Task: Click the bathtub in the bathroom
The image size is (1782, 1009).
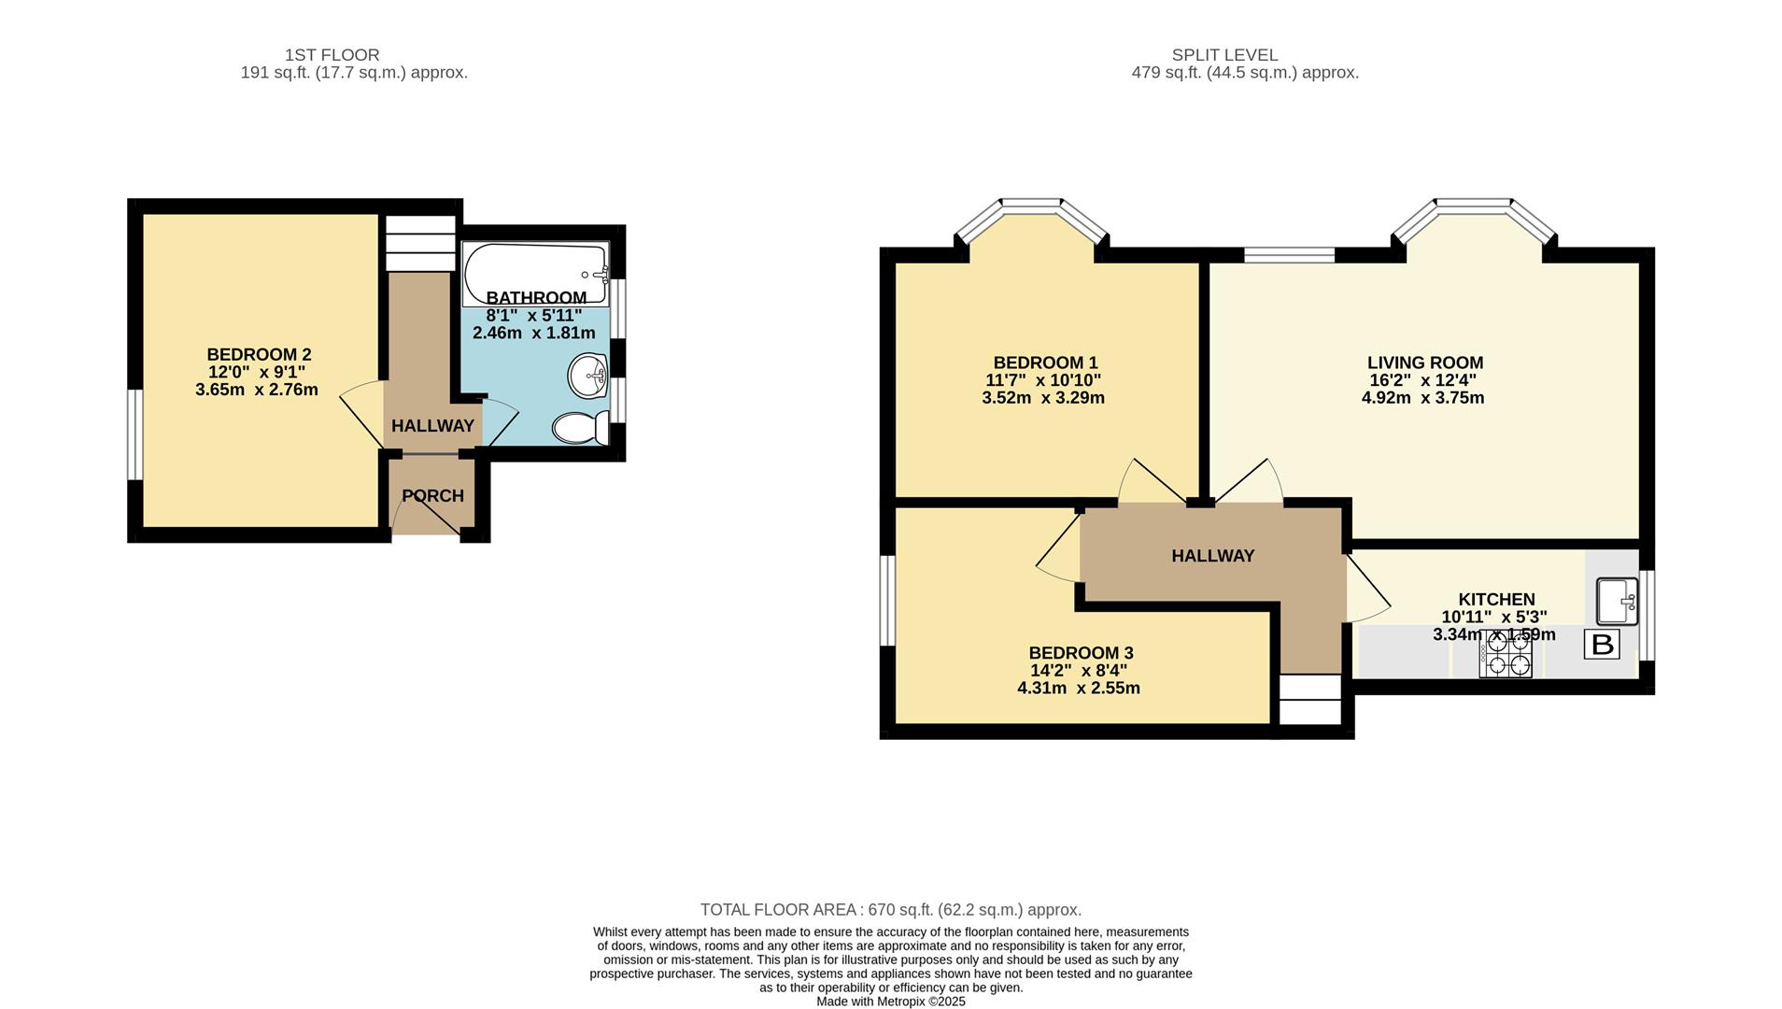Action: (x=535, y=273)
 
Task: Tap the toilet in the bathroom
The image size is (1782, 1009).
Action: (x=580, y=429)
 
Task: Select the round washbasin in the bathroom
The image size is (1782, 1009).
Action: (x=587, y=376)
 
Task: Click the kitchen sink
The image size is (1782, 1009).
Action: (x=1617, y=601)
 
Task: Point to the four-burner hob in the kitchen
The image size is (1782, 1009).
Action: (x=1505, y=653)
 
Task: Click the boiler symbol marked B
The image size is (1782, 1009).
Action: (x=1602, y=645)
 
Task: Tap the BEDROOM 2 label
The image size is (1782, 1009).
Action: (x=259, y=355)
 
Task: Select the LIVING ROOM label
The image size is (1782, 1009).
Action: (x=1424, y=362)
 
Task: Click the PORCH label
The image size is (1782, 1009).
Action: (x=432, y=496)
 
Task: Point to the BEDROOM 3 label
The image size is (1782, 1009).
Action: (x=1081, y=653)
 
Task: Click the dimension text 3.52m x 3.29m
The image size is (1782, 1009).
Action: (x=1043, y=398)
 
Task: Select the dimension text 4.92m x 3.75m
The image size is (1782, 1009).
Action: (x=1422, y=398)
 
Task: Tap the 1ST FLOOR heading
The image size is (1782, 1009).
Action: (x=332, y=55)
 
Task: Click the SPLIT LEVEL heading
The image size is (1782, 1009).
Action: (x=1224, y=55)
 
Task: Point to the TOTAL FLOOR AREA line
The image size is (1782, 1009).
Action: (x=891, y=910)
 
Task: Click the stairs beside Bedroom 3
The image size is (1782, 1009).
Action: (x=1310, y=699)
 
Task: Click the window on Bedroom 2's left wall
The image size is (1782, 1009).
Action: (x=136, y=434)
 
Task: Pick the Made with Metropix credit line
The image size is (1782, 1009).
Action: (x=891, y=1002)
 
